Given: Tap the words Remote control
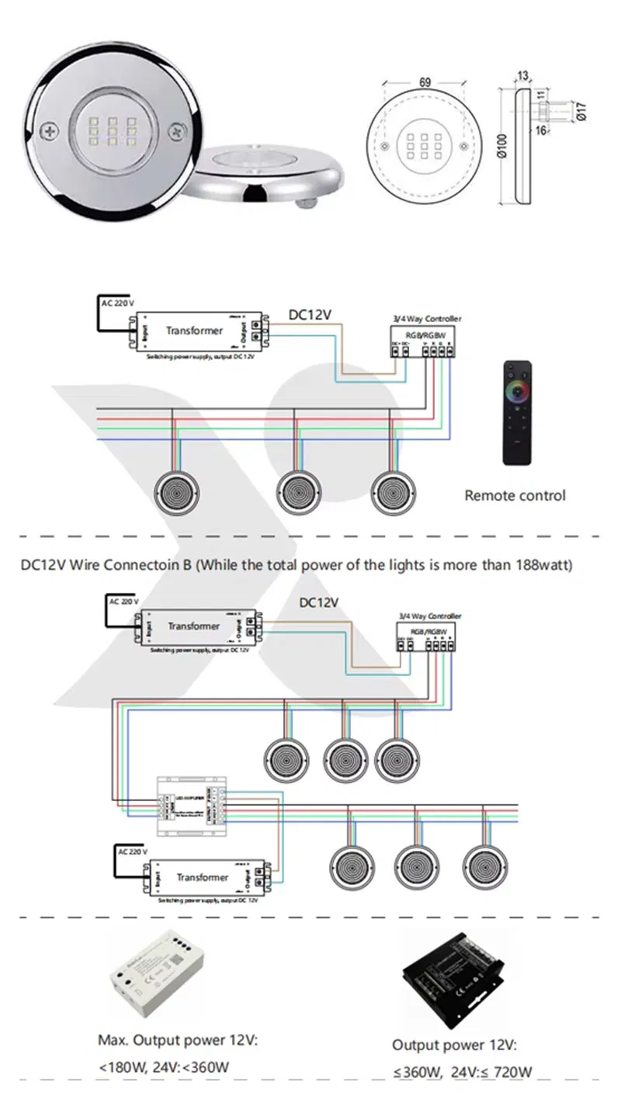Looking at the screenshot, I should point(515,495).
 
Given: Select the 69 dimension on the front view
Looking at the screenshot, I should point(424,80).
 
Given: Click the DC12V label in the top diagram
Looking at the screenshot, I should point(310,315).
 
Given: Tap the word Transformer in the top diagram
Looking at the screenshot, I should point(194,331).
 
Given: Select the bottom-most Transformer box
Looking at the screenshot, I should point(203,878).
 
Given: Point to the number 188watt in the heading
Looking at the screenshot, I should point(543,564).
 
